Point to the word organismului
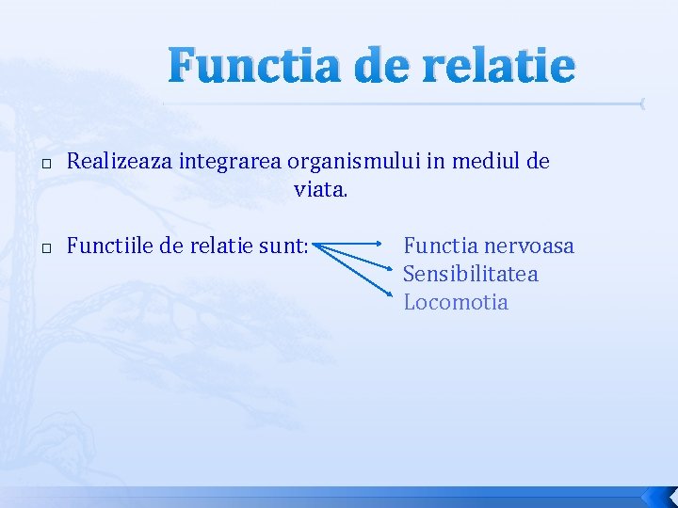coord(344,162)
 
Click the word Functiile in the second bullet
coord(106,246)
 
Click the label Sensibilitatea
coord(470,275)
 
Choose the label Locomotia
coord(455,303)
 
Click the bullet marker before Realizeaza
coord(46,163)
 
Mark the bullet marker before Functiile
coord(46,247)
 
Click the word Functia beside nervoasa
coord(439,246)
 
